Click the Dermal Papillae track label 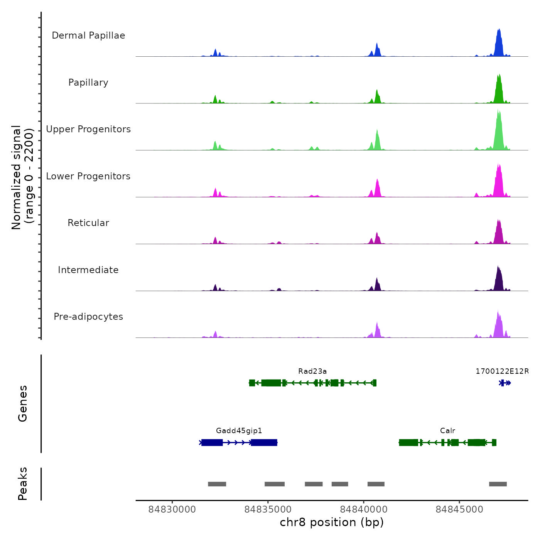(88, 35)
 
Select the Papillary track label (88, 83)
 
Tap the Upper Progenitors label (88, 129)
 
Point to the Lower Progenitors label (88, 176)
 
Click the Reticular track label (88, 223)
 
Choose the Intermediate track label (88, 270)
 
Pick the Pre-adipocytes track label (88, 317)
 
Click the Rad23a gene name (312, 371)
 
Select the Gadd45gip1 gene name (239, 431)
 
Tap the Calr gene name (447, 431)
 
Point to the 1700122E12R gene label (502, 371)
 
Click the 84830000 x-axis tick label (172, 510)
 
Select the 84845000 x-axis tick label (459, 510)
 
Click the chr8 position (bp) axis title (332, 522)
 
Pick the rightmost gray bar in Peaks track (498, 484)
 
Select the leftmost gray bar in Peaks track (217, 484)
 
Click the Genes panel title (23, 403)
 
